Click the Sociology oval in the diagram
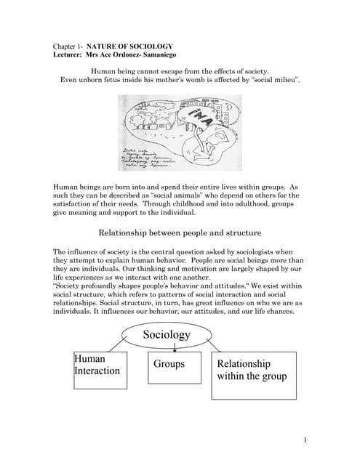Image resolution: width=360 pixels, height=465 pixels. [x=166, y=334]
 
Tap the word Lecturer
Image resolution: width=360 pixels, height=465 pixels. [x=70, y=54]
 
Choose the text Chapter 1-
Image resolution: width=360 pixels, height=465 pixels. [x=68, y=45]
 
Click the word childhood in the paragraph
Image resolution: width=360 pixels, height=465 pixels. [x=216, y=206]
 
